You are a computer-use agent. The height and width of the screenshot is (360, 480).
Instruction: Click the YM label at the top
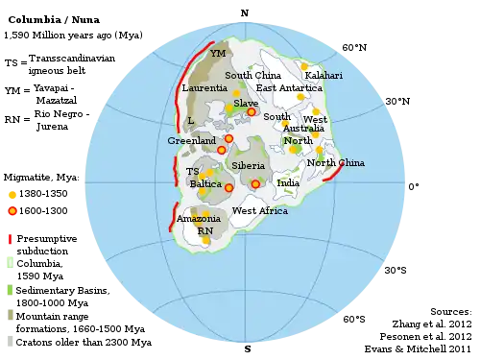(x=218, y=54)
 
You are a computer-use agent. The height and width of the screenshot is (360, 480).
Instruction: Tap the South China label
(x=252, y=75)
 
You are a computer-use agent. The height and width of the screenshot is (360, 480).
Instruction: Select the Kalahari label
(x=324, y=75)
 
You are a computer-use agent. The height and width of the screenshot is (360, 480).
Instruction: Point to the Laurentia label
(x=204, y=88)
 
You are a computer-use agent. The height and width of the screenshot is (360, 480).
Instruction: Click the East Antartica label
(x=289, y=87)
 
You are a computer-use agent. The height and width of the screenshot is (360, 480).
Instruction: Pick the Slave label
(x=246, y=103)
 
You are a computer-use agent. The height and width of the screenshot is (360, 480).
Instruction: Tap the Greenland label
(x=191, y=140)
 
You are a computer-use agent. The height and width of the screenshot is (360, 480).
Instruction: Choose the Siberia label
(x=248, y=166)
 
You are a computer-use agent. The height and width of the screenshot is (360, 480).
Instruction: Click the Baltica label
(x=205, y=183)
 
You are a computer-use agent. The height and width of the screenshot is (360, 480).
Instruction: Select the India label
(x=288, y=182)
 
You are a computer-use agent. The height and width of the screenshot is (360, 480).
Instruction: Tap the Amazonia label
(x=199, y=219)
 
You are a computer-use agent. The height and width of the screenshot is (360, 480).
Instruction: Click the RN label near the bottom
(x=204, y=231)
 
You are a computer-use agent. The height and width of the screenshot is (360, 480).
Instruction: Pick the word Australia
(x=303, y=128)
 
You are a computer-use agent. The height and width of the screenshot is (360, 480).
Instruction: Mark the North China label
(x=336, y=162)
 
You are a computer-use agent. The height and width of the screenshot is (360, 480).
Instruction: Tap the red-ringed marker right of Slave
(x=252, y=112)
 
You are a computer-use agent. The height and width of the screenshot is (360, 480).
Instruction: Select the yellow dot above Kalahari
(x=304, y=66)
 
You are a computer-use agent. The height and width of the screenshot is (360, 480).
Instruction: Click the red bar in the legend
(x=11, y=236)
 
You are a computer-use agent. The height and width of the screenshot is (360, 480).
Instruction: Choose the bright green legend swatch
(x=11, y=289)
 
